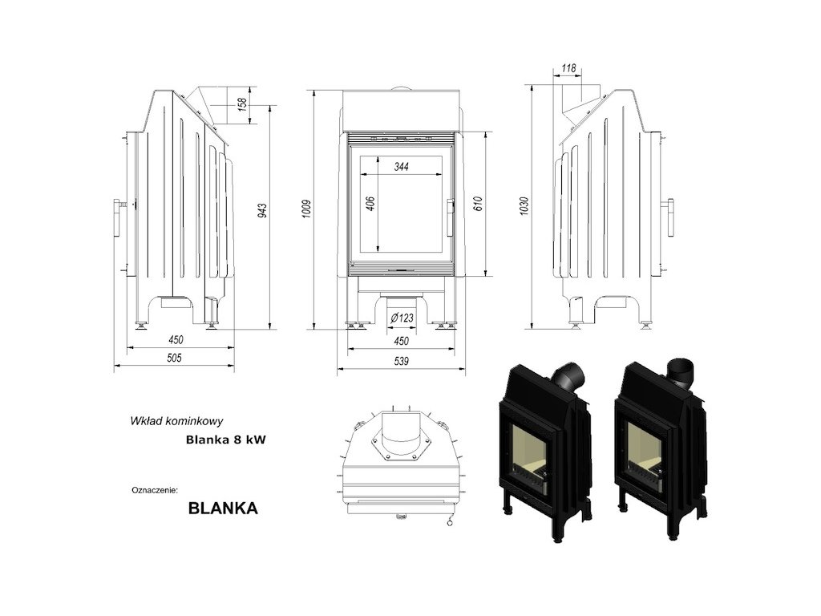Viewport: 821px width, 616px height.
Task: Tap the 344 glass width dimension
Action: tap(402, 168)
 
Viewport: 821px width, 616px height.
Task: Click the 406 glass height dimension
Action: tap(370, 204)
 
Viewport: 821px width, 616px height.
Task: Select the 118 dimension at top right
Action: tap(568, 69)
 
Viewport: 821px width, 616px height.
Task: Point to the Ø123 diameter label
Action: tap(401, 318)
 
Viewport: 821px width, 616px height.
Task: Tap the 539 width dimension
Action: tap(401, 362)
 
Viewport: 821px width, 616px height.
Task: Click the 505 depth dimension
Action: tap(174, 359)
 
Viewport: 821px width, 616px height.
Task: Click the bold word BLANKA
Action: tap(223, 508)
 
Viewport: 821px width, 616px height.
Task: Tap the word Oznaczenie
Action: tap(155, 488)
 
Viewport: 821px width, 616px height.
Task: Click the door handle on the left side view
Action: tap(119, 217)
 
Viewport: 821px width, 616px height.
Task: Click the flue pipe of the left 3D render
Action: tap(568, 375)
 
